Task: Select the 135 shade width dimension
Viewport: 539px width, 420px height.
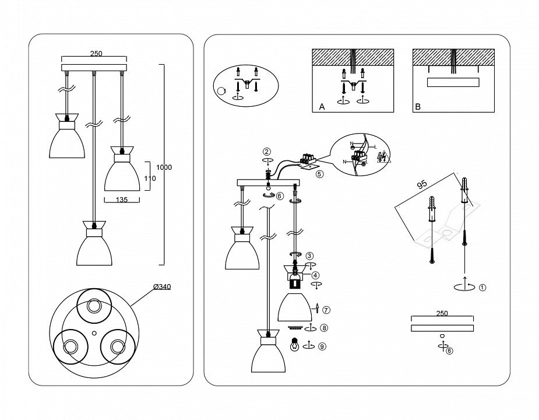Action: (121, 199)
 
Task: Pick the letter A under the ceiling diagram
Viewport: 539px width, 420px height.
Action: (322, 107)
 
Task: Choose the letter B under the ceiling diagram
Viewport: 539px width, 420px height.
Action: (417, 107)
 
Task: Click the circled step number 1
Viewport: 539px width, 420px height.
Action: (482, 287)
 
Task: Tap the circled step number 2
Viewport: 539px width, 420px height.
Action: (266, 152)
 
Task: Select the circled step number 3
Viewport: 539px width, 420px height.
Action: (309, 255)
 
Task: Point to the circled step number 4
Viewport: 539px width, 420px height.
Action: (315, 275)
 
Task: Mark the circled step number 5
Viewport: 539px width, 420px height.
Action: (318, 173)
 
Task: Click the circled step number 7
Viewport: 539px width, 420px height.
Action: (326, 309)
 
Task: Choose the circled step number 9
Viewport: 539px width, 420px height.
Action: (323, 346)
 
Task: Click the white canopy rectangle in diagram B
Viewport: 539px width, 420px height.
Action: (454, 82)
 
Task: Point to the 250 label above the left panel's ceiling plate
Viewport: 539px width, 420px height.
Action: (96, 53)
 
